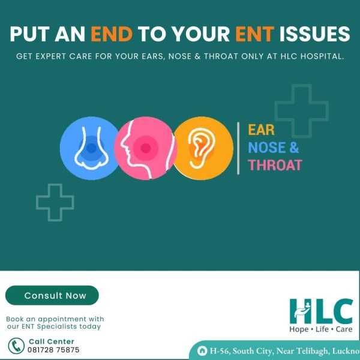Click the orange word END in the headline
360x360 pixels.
[112, 34]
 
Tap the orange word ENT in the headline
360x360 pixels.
[255, 34]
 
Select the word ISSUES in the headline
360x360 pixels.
[314, 34]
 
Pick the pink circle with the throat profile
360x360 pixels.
[146, 148]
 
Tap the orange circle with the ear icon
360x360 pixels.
[203, 148]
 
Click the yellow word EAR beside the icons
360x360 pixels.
[261, 130]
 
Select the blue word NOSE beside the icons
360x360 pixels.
[266, 148]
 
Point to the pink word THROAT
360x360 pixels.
[275, 165]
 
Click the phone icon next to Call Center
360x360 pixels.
[16, 346]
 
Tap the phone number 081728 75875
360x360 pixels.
[53, 350]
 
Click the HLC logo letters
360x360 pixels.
[321, 311]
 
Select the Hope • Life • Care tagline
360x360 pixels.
[321, 329]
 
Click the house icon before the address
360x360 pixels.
[202, 351]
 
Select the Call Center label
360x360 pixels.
[52, 341]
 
